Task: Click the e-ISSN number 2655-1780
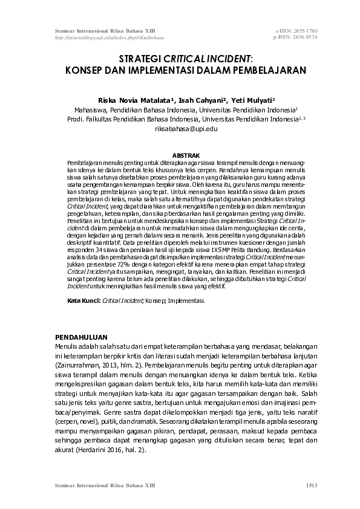tap(304, 30)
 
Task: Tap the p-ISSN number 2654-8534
tap(304, 37)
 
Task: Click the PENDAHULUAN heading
tap(81, 336)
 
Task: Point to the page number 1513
tap(311, 484)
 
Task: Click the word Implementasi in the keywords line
tap(189, 300)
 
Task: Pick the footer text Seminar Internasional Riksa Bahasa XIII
tap(105, 484)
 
